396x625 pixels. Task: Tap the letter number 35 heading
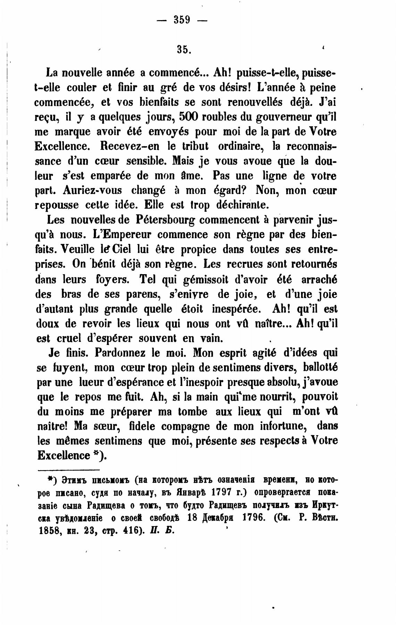183,49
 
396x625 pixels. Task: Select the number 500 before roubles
188,117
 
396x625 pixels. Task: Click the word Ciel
121,250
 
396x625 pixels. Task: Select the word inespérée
236,309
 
